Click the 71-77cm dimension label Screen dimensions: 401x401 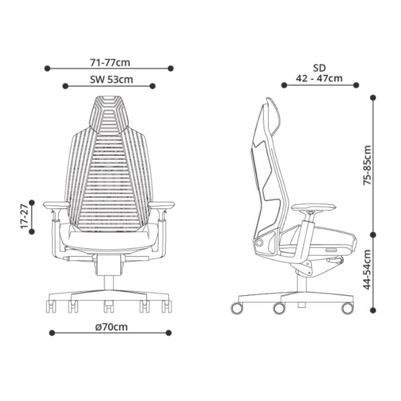pos(110,63)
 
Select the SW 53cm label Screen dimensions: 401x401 pos(111,79)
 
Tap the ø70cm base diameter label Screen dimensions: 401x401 pos(111,327)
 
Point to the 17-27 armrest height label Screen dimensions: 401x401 pos(24,216)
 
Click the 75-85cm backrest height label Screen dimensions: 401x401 pos(367,165)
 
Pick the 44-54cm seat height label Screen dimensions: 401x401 pos(367,269)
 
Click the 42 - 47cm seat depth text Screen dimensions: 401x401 pos(319,78)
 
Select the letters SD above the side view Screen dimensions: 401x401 pos(319,68)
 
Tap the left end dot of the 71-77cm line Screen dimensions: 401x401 pos(47,68)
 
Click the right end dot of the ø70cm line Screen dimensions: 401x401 pos(168,333)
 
